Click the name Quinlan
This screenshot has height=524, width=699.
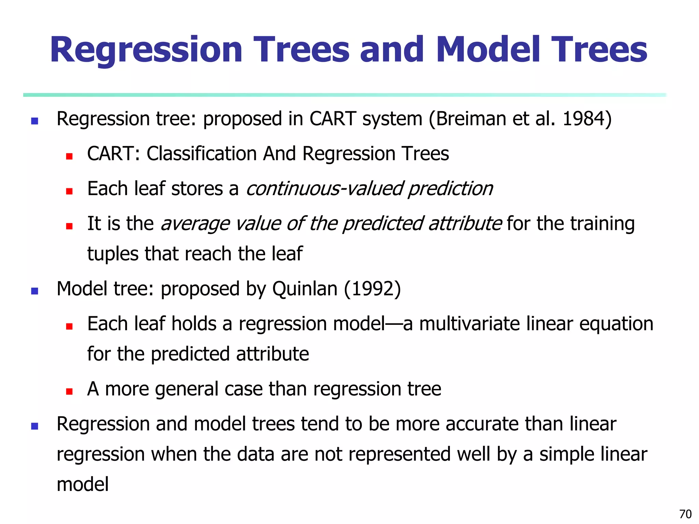tap(305, 289)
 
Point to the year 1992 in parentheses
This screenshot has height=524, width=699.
tap(372, 289)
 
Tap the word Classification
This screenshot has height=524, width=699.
tap(201, 154)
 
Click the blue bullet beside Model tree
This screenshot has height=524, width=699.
tap(34, 291)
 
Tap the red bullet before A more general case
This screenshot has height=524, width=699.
tap(69, 391)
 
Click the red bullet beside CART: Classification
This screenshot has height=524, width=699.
tap(69, 156)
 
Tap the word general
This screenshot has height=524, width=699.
tap(186, 389)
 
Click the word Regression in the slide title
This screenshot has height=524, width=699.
tap(146, 50)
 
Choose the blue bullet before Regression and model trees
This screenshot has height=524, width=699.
tap(34, 426)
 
